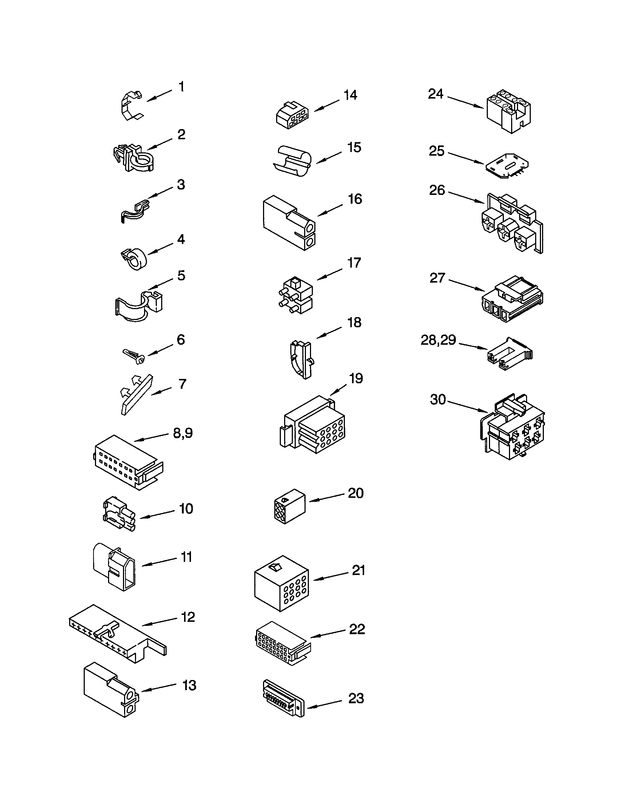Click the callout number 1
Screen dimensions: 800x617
tap(182, 87)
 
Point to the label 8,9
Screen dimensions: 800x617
tap(183, 433)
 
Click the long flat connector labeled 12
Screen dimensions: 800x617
tap(117, 634)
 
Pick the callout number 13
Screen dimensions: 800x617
tap(190, 685)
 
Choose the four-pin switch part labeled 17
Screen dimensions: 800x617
tap(295, 296)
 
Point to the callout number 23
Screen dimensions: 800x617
tap(356, 699)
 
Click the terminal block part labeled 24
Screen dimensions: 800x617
tap(509, 113)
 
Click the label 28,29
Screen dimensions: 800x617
tap(438, 340)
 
